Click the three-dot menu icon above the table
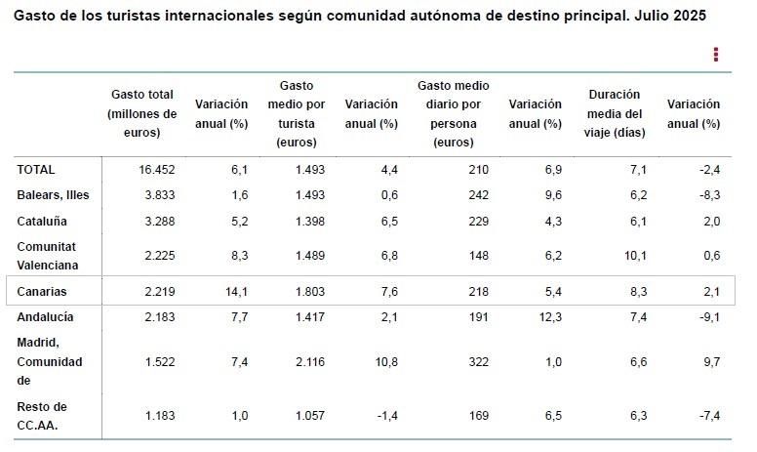pyautogui.click(x=716, y=55)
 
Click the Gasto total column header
pyautogui.click(x=142, y=113)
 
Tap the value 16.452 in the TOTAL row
pyautogui.click(x=156, y=169)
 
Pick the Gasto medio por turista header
pyautogui.click(x=297, y=113)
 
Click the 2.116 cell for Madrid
pyautogui.click(x=309, y=361)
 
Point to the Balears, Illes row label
pyautogui.click(x=54, y=194)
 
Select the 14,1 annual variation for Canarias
pyautogui.click(x=238, y=291)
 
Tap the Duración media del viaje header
pyautogui.click(x=615, y=113)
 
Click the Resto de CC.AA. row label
pyautogui.click(x=42, y=415)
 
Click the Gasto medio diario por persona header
pyautogui.click(x=453, y=113)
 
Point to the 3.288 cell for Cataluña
pyautogui.click(x=157, y=222)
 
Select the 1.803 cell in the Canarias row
pyautogui.click(x=309, y=291)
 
